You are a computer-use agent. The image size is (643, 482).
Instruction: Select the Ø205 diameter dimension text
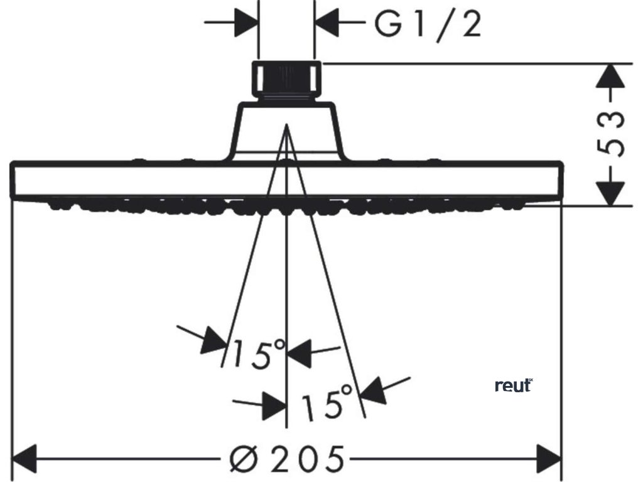pos(288,459)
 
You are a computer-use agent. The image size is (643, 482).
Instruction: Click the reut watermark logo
pos(513,386)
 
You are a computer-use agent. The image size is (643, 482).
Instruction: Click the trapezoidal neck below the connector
pos(286,132)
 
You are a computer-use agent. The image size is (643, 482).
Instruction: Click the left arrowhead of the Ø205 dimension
pos(25,459)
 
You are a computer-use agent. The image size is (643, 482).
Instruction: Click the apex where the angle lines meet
pos(286,126)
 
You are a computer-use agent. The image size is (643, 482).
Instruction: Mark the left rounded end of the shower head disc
pos(14,181)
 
